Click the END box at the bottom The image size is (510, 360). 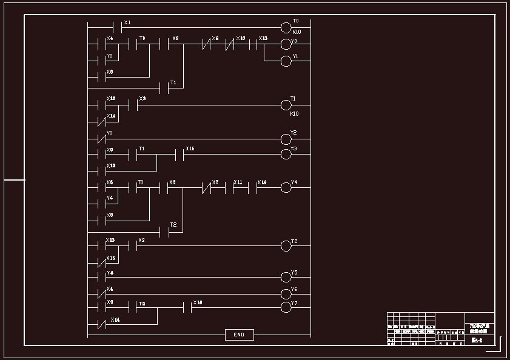tap(239, 335)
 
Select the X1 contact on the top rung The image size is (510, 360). tap(118, 27)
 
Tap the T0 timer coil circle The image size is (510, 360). tap(286, 27)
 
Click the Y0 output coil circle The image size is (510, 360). tap(286, 44)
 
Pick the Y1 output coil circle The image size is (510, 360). tap(286, 61)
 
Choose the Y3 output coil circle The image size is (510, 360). tap(286, 154)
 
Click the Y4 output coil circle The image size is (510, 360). tap(286, 188)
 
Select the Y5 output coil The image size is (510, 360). tap(286, 278)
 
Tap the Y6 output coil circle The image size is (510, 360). tap(286, 294)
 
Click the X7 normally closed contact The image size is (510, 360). tap(209, 188)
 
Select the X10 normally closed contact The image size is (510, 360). tap(230, 44)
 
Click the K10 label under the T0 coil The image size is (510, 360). tap(297, 32)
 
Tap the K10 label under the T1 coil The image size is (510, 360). tap(294, 113)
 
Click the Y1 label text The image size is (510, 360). tap(295, 56)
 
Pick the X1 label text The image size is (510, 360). tap(127, 22)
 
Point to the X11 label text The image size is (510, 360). tap(238, 182)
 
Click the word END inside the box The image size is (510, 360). tap(239, 335)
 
